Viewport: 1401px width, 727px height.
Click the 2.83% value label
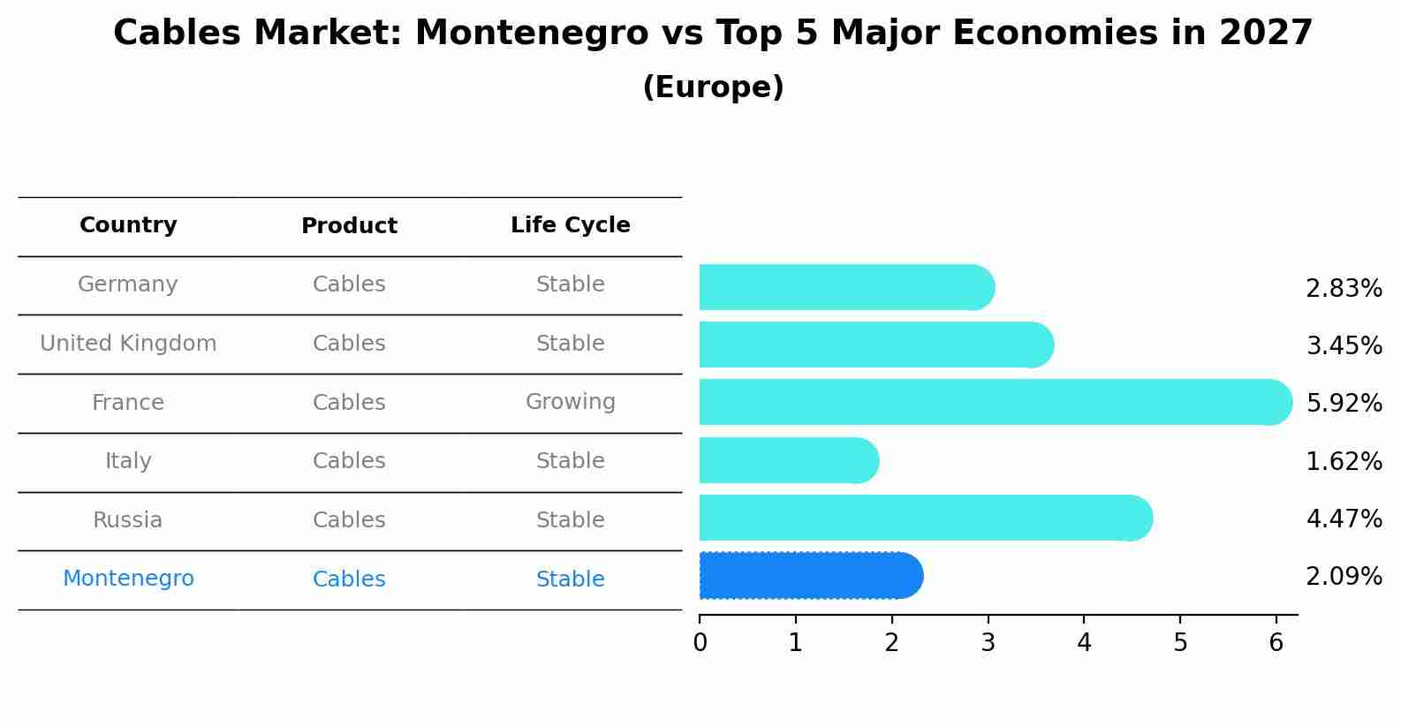(1344, 289)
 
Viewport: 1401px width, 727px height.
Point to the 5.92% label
(1344, 404)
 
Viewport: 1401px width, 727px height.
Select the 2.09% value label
(1344, 577)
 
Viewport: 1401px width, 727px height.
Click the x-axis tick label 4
(1084, 643)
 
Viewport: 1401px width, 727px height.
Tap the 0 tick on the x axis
(700, 643)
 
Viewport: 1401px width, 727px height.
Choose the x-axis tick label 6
(1276, 643)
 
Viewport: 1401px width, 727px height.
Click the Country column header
(128, 225)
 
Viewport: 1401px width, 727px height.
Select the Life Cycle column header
(570, 225)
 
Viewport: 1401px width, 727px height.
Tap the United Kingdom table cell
(128, 344)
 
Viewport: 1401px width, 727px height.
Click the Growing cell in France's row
(570, 402)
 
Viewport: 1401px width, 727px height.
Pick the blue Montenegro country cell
(128, 579)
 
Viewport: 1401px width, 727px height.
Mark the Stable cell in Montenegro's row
(570, 579)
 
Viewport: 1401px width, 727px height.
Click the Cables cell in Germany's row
(349, 284)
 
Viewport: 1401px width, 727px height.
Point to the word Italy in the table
(128, 461)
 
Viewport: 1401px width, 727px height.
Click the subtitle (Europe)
(713, 87)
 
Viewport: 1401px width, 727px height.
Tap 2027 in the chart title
(1265, 34)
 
